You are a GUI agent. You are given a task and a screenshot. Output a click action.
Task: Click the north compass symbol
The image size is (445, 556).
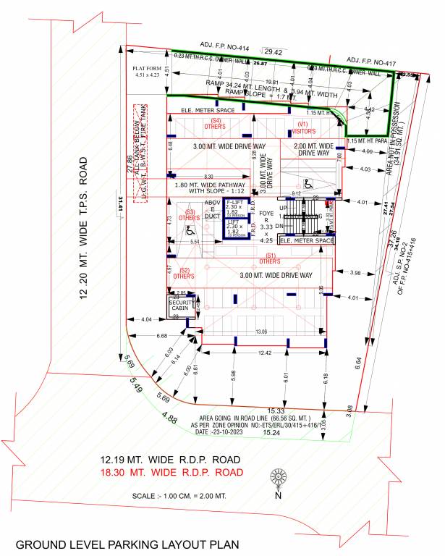[277, 478]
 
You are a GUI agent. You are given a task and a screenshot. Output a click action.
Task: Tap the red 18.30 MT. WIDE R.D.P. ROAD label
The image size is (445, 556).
[171, 473]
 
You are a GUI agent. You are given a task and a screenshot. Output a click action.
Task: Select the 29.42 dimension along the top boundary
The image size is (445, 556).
[274, 53]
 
